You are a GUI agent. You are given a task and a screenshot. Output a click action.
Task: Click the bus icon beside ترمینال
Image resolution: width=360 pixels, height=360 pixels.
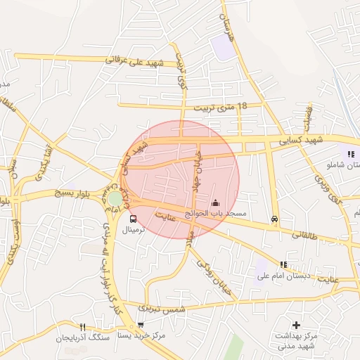[x=134, y=219]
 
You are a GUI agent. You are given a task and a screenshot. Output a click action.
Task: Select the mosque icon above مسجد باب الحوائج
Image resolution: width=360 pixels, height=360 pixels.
[x=215, y=203]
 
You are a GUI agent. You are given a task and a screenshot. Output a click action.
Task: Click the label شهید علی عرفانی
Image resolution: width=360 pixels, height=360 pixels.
[x=134, y=62]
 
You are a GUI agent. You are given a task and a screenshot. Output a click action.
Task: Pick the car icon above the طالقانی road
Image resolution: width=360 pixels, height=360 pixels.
[x=274, y=219]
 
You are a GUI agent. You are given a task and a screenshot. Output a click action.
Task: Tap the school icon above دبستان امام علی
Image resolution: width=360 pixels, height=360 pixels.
[x=283, y=264]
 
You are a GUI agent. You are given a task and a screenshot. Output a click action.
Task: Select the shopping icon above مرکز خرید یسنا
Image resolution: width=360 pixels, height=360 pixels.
[x=141, y=326]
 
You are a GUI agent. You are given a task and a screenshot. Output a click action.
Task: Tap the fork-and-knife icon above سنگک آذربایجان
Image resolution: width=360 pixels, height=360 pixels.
[x=83, y=327]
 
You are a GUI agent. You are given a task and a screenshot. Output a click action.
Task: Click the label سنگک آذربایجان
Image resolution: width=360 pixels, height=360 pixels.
[x=84, y=337]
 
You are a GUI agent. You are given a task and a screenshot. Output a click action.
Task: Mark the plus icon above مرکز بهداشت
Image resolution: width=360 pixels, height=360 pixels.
[x=296, y=326]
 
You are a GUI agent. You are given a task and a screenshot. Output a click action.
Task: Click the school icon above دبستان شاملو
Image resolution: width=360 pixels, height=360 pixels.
[x=350, y=154]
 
